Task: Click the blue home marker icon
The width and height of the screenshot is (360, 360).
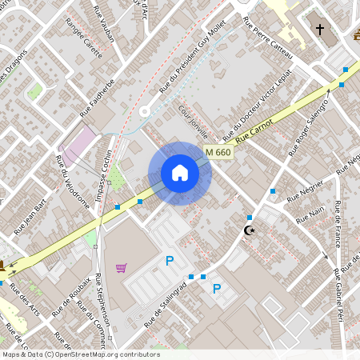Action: [180, 173]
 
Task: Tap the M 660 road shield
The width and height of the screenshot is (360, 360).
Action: [217, 152]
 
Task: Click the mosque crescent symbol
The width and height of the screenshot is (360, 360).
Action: [250, 230]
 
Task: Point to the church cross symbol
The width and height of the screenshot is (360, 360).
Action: [320, 30]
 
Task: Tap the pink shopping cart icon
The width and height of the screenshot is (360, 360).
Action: [122, 268]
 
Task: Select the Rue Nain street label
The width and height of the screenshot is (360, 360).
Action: [310, 214]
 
